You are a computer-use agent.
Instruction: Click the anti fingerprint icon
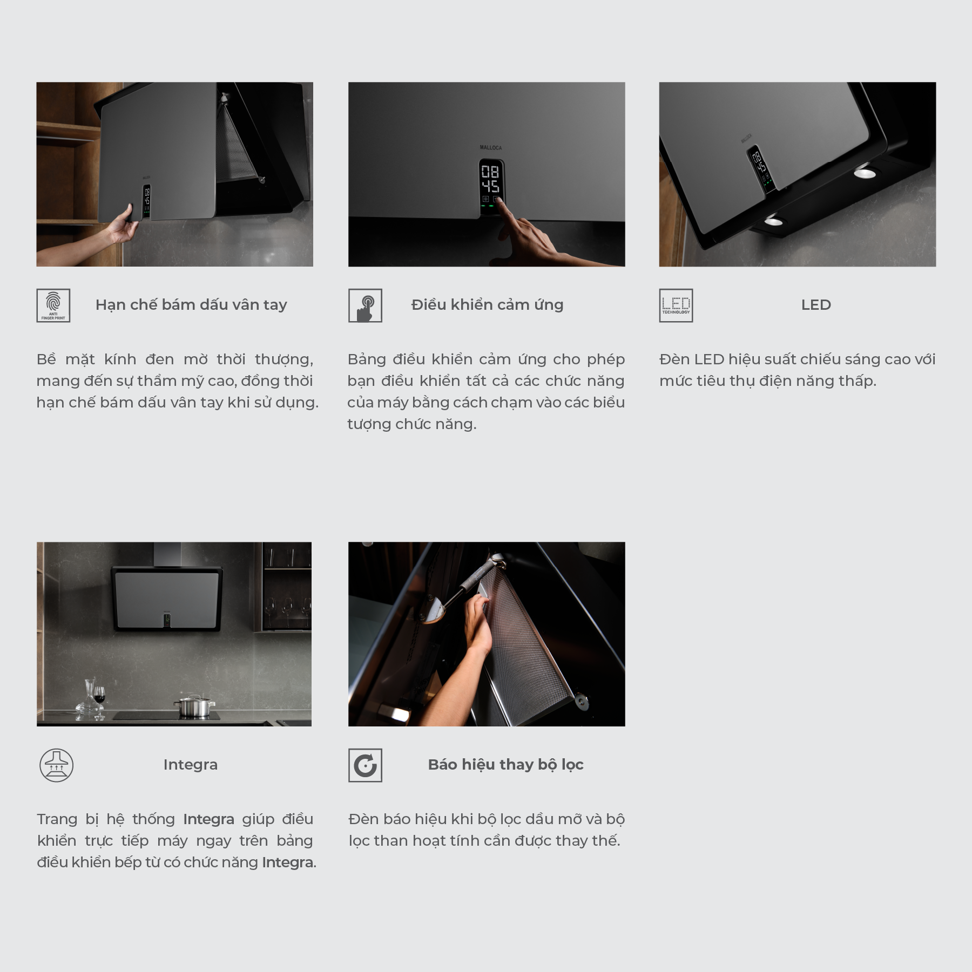click(53, 305)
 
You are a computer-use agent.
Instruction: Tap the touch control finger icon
click(365, 305)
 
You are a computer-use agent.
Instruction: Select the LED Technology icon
click(676, 305)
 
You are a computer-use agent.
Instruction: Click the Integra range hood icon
click(57, 765)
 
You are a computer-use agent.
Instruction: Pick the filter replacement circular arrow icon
click(365, 765)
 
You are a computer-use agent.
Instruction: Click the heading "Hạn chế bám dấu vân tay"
click(191, 305)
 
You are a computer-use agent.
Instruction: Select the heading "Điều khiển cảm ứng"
click(487, 305)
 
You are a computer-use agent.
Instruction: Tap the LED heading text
click(816, 305)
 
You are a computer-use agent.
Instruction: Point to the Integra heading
click(191, 765)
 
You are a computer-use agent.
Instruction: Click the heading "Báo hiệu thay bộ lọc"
click(506, 765)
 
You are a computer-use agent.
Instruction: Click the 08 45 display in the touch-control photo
click(490, 179)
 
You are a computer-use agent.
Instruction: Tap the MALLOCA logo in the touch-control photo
click(491, 147)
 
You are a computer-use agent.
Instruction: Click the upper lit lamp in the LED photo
click(865, 173)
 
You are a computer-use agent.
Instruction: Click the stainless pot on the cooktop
click(194, 706)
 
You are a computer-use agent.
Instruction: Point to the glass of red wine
click(99, 699)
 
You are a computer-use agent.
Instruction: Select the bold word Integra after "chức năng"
click(287, 862)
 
